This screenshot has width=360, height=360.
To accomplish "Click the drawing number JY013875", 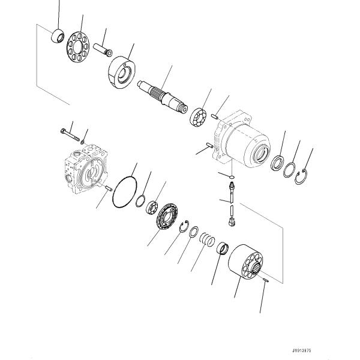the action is click(x=301, y=350).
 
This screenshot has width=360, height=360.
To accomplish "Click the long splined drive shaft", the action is click(x=163, y=97).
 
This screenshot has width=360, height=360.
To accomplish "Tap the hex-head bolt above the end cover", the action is click(x=70, y=135).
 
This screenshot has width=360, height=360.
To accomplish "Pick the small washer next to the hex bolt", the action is click(x=82, y=142).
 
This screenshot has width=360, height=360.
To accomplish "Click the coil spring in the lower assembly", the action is click(x=207, y=239).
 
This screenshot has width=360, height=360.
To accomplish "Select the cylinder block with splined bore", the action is click(x=245, y=261).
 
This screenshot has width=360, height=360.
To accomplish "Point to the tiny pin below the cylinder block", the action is click(x=265, y=280).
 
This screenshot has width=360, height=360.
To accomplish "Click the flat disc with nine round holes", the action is click(x=78, y=47).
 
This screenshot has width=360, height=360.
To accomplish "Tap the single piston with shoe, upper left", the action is click(x=103, y=49).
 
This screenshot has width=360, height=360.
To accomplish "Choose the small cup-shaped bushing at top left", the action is click(x=58, y=36).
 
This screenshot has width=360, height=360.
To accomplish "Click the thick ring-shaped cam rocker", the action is click(x=122, y=73).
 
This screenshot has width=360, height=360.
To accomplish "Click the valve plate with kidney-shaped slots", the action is click(x=167, y=216).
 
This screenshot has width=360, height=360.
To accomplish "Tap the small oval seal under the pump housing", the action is click(x=232, y=177).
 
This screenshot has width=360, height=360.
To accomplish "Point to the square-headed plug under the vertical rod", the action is click(x=232, y=222).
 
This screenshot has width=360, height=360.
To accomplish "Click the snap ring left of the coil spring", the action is click(x=184, y=226).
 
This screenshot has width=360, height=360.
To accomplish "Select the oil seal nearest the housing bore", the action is click(x=277, y=163).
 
